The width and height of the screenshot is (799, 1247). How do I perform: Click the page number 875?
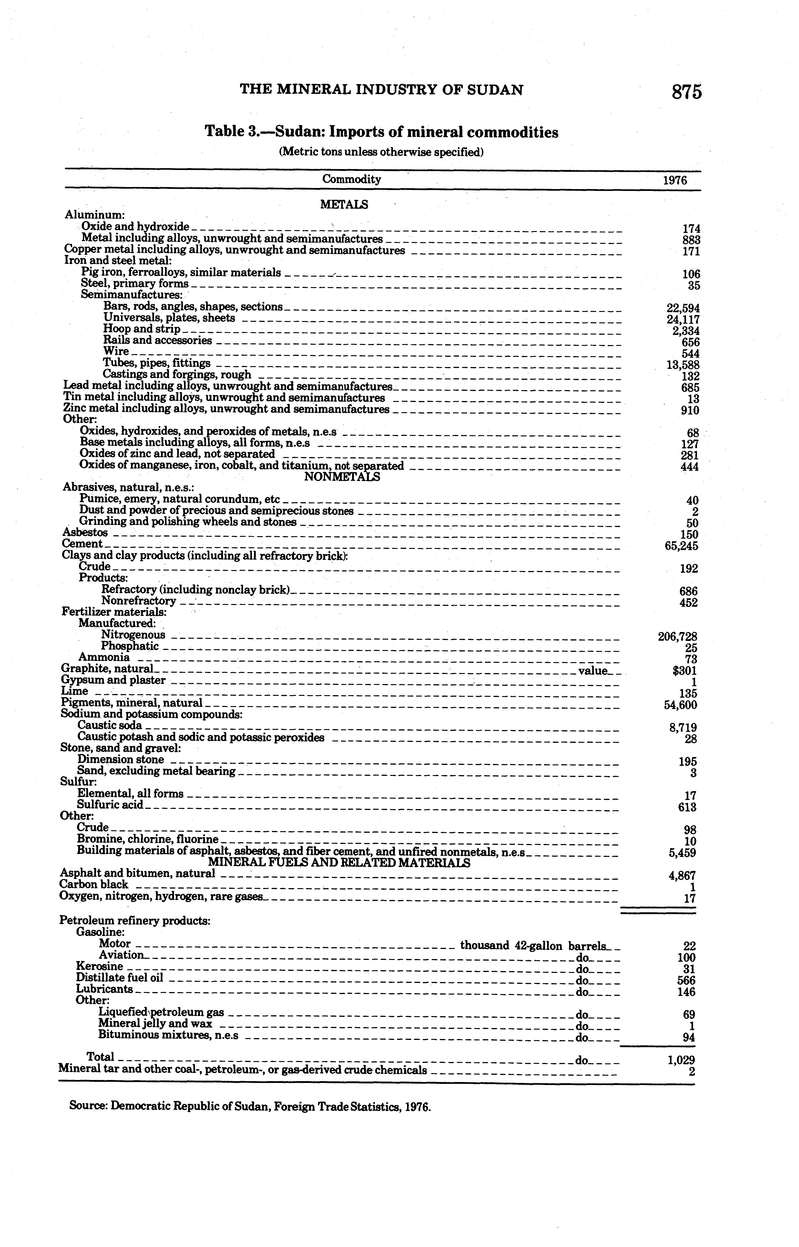(x=686, y=92)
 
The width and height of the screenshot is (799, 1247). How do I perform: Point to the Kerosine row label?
(x=100, y=966)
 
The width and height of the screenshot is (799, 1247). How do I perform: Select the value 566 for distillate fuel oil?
(x=686, y=980)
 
